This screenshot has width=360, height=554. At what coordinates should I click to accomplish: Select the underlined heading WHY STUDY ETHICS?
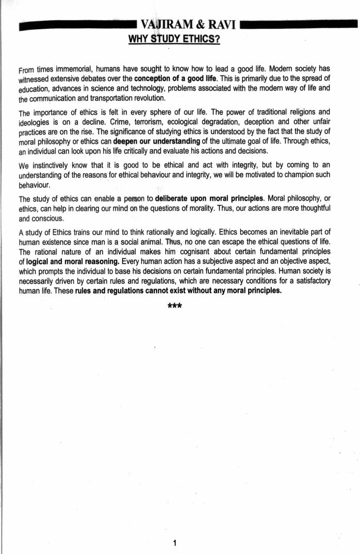[174, 39]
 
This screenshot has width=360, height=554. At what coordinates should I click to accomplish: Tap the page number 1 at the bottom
[175, 542]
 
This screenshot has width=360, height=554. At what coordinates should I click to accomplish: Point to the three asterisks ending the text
[175, 306]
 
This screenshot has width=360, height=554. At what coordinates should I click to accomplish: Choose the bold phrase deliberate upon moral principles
[209, 199]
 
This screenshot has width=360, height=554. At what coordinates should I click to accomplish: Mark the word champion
[296, 175]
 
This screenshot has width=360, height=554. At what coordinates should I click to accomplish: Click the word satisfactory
[308, 281]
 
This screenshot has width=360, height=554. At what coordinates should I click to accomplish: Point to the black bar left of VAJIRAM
[77, 25]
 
